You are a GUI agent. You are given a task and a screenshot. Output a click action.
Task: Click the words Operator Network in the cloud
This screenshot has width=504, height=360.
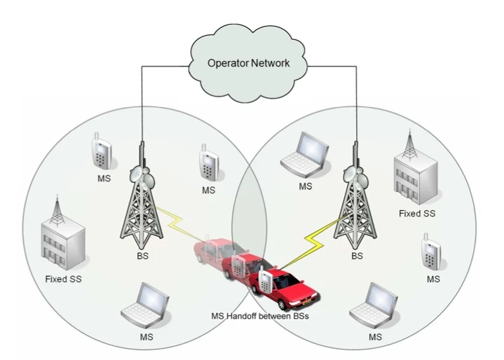click(x=249, y=63)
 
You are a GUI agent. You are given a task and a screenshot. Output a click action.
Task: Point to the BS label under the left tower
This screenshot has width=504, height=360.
click(x=143, y=256)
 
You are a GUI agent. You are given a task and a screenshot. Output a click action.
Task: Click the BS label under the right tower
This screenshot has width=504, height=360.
click(x=357, y=256)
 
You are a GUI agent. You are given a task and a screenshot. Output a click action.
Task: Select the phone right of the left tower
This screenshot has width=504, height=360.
click(x=207, y=163)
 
